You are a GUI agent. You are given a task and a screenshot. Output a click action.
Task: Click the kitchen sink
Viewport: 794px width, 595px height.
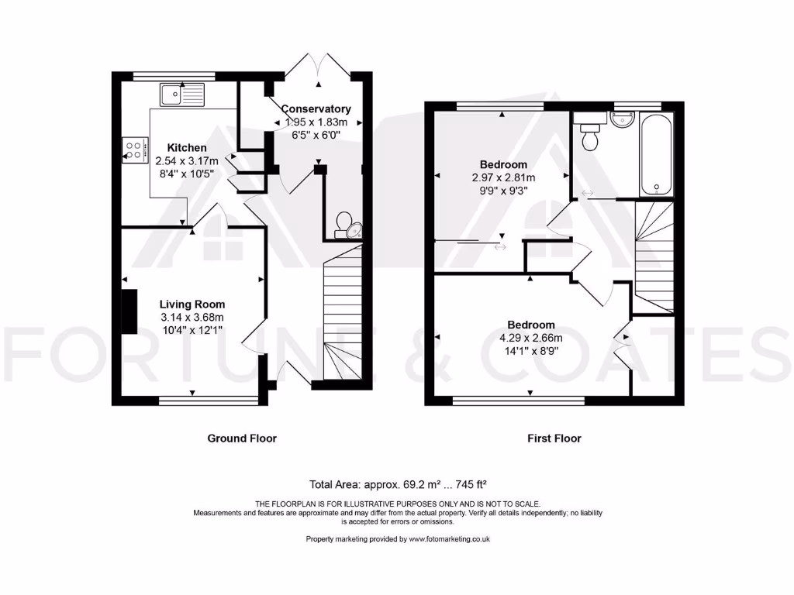point(181,95)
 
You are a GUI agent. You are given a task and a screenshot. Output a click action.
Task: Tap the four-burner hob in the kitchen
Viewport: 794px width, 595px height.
point(135,150)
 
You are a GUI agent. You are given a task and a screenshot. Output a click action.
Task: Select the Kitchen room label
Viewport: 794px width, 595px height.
point(187,147)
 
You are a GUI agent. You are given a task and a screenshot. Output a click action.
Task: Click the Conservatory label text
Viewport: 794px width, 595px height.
point(316,109)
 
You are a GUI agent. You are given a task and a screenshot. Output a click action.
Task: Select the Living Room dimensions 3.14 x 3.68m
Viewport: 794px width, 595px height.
point(192,318)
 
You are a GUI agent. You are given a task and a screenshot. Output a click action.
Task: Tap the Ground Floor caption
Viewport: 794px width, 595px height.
point(242,439)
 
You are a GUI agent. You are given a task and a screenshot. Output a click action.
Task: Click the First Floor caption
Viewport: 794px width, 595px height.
point(554,439)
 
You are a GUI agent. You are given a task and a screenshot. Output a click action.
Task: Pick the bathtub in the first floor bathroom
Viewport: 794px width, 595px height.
point(656,153)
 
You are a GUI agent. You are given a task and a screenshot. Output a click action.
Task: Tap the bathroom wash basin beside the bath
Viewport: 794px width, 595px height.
point(622,120)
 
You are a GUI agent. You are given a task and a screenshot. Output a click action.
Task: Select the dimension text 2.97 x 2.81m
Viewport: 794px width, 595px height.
point(503,177)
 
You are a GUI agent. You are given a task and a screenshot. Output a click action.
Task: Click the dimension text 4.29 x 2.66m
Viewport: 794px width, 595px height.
point(531,338)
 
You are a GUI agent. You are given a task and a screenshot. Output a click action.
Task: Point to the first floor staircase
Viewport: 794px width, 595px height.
point(654,256)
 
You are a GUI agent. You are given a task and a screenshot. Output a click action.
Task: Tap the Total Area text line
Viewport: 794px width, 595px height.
point(398,484)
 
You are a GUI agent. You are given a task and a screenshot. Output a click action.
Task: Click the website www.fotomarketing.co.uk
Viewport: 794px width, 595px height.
point(449,539)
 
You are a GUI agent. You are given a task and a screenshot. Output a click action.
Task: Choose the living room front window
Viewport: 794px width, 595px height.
point(208,401)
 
